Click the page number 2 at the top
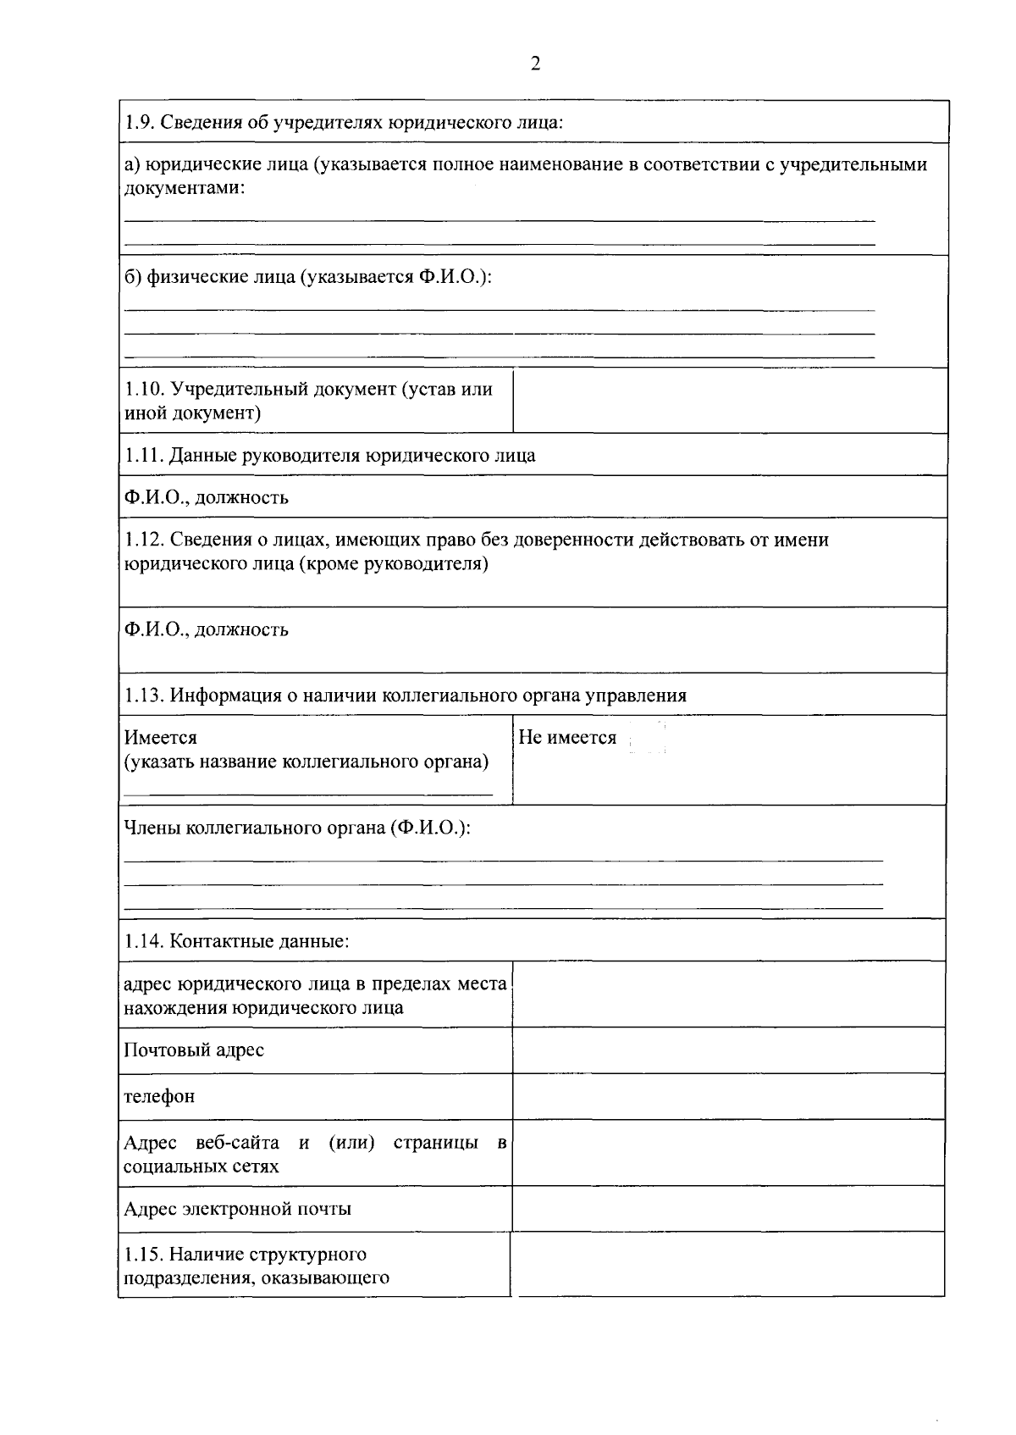tap(534, 64)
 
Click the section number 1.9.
tap(138, 122)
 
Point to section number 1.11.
tap(143, 456)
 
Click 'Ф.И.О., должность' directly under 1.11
tap(206, 497)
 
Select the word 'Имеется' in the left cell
tap(160, 738)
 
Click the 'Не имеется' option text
tap(567, 738)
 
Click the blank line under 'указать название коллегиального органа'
tap(307, 794)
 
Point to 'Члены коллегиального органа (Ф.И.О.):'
tap(296, 828)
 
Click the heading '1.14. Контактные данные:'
tap(236, 941)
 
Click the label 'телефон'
tap(159, 1097)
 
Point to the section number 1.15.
tap(143, 1255)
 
